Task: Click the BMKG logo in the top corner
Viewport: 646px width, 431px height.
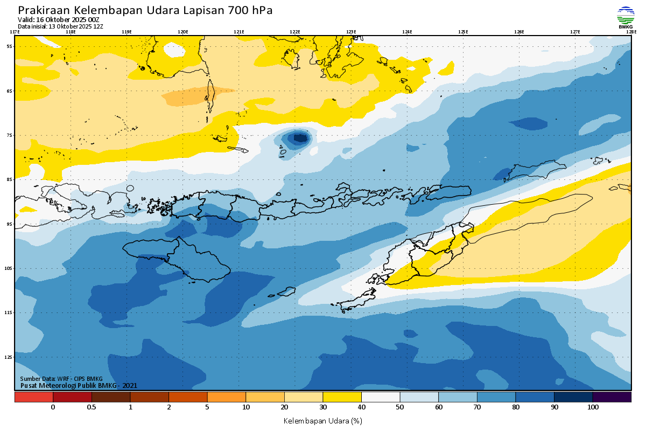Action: tap(625, 17)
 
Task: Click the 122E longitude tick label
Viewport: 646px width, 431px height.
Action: tap(295, 32)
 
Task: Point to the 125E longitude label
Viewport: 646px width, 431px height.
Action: tap(463, 32)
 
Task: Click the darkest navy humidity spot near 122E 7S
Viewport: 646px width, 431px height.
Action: tap(300, 138)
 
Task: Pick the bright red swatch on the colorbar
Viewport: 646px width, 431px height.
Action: tap(33, 397)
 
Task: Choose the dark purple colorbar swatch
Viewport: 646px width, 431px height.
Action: tap(612, 397)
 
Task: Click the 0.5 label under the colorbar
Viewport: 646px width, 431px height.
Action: tap(92, 407)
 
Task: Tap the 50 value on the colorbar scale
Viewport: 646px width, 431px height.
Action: tap(400, 407)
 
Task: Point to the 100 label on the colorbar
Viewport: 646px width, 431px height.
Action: tap(593, 407)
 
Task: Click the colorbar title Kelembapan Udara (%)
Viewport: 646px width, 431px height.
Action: tap(322, 420)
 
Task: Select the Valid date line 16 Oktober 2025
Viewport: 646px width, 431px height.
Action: tap(59, 19)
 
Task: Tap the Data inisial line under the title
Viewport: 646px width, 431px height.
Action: tap(60, 26)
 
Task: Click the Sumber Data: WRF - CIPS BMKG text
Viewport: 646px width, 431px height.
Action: tap(61, 379)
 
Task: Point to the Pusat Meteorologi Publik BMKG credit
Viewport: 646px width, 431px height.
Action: tap(79, 385)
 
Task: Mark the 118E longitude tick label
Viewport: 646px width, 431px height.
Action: tap(71, 32)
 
